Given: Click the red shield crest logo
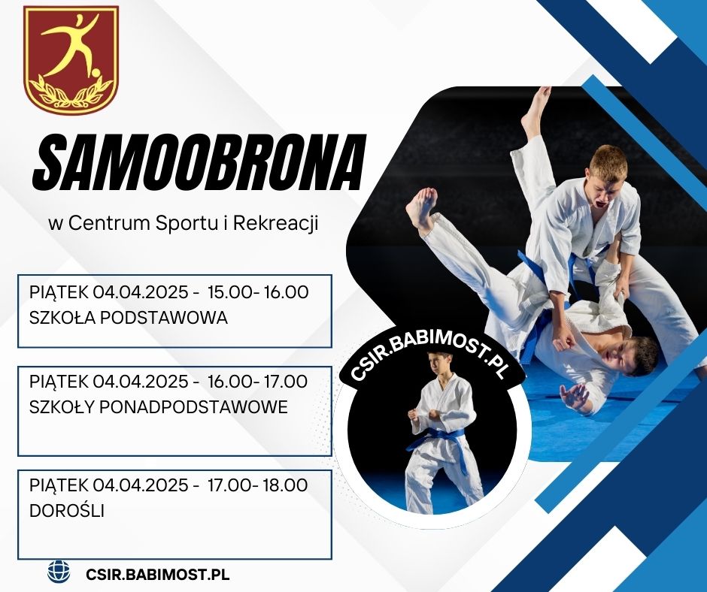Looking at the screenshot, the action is pos(71,60).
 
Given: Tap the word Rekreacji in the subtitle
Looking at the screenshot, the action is pos(276,223).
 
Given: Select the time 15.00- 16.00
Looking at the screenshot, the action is pos(259,292).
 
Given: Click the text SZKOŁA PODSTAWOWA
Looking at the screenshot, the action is pos(129,318).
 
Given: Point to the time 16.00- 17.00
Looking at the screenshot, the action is pos(258,381).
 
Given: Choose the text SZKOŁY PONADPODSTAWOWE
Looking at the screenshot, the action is pos(158,407).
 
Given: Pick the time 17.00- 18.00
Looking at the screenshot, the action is pos(258,485).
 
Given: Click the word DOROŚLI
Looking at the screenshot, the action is pos(67,511).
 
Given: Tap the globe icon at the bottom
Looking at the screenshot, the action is pos(59,571).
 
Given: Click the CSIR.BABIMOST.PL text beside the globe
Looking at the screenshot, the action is pos(157,575).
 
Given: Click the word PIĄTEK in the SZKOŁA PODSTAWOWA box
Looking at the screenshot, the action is pos(59,292).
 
